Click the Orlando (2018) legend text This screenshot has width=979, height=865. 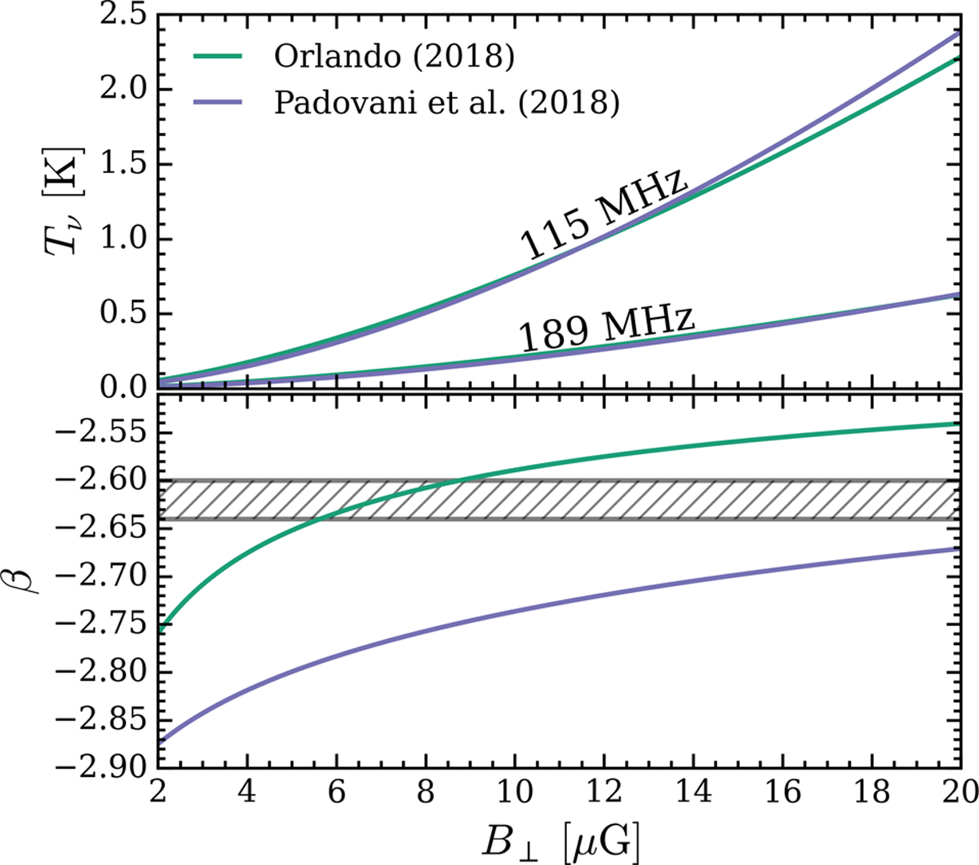click(x=393, y=56)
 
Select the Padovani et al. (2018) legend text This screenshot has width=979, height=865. click(x=446, y=105)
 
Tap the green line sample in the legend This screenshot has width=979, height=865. click(x=217, y=56)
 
